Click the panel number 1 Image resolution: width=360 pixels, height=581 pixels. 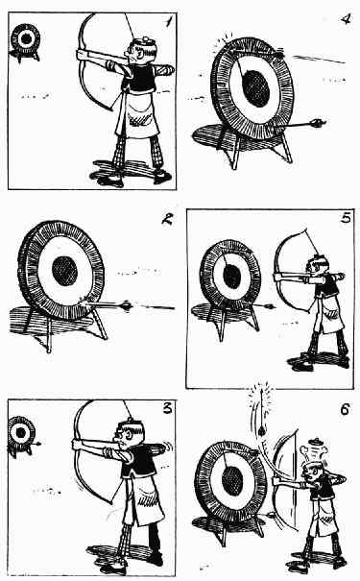tap(168, 23)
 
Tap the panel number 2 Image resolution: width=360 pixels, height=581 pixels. tap(167, 220)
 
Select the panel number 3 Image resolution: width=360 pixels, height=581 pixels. tap(168, 408)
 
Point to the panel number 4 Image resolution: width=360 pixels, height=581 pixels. tap(346, 18)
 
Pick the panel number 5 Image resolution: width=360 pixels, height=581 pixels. tap(346, 218)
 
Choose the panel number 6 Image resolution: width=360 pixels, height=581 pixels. tap(345, 410)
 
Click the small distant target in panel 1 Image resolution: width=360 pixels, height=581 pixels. tap(25, 40)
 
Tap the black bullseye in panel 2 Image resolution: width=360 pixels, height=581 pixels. tap(65, 270)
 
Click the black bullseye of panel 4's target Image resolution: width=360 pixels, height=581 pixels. tap(256, 88)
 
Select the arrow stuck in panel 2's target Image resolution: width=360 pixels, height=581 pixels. tap(108, 305)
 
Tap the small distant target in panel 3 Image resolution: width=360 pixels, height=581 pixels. tap(21, 432)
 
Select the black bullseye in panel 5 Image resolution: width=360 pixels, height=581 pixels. tap(232, 277)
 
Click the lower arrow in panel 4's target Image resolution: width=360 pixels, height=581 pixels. tap(300, 124)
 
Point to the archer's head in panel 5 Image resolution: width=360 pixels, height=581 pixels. tap(320, 267)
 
